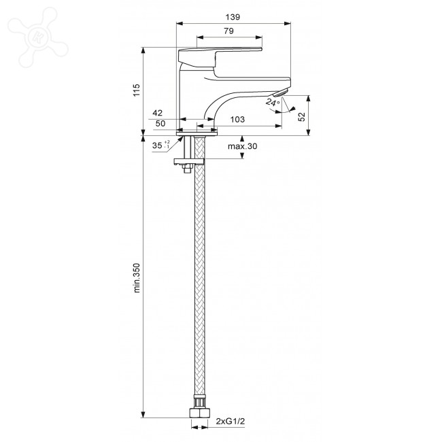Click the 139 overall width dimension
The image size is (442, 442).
[233, 17]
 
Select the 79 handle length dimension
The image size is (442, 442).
[229, 31]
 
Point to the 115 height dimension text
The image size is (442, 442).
[137, 90]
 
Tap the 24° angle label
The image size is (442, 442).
[273, 102]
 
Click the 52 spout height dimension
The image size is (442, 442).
[302, 116]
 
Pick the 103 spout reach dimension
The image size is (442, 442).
[237, 120]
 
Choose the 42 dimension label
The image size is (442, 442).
[158, 113]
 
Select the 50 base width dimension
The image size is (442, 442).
[160, 123]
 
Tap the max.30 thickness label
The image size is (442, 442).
[243, 146]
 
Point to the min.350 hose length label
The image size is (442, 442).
[137, 278]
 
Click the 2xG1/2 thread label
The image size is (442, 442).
[231, 422]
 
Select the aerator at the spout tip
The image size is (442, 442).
[281, 92]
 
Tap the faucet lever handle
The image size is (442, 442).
[220, 56]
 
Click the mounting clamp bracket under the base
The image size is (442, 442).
[188, 162]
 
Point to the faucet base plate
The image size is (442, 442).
[197, 133]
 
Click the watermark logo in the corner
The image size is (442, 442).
[38, 37]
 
